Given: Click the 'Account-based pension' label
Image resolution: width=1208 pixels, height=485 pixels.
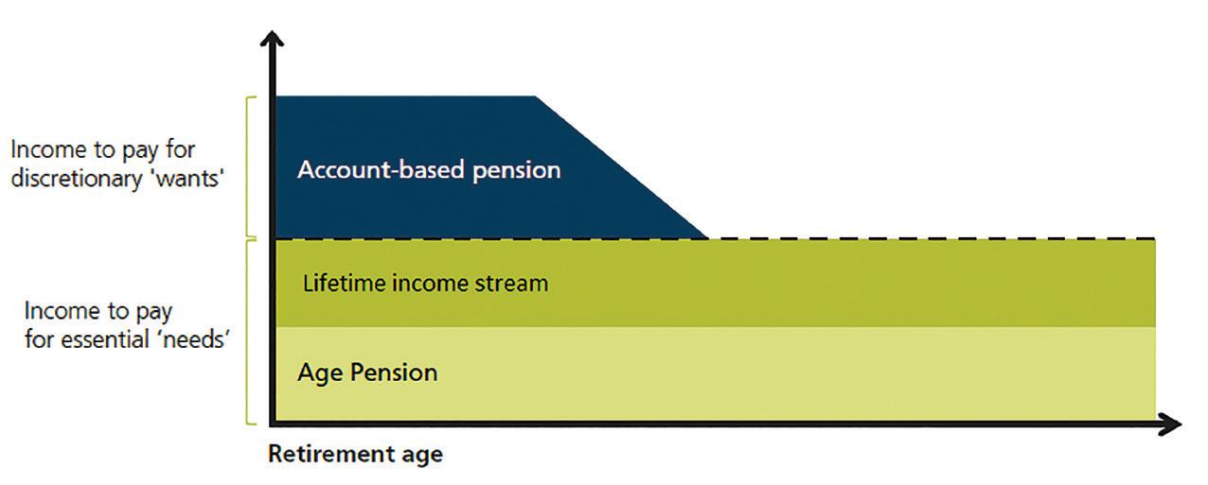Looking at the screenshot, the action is pos(429,170).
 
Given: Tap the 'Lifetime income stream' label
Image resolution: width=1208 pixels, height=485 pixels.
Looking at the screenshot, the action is pos(425,283).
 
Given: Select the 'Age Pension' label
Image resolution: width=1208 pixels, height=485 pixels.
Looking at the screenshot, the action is pos(367,372).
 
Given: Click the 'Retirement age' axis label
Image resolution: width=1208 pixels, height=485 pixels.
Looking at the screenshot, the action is pos(355,454).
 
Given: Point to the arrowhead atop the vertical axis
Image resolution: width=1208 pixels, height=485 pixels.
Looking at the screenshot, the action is pos(273,40).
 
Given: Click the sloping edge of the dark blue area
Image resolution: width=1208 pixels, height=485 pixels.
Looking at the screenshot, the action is pos(621,166).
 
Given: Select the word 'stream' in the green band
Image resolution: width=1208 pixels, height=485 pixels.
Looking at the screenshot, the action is pos(515,283).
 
